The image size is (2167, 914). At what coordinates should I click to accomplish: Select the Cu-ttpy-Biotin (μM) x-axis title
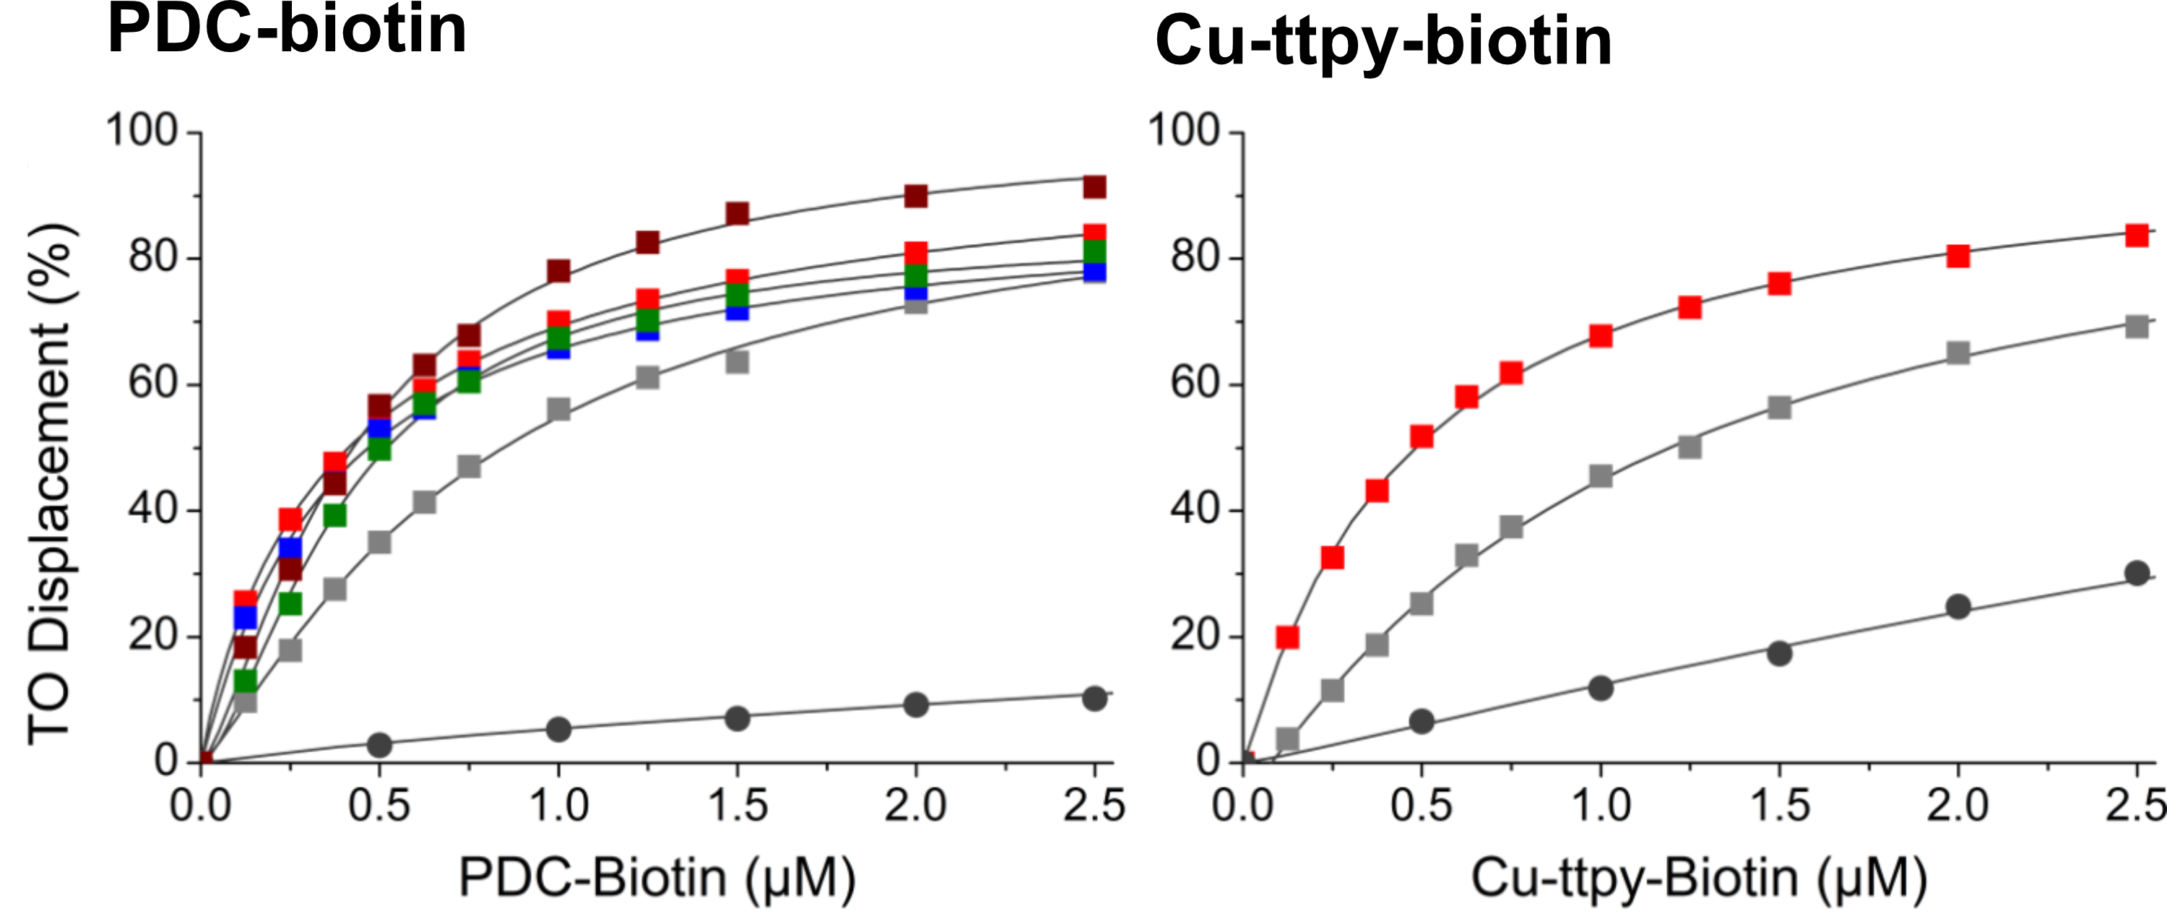point(1698,878)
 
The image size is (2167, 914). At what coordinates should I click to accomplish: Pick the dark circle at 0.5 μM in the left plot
point(379,744)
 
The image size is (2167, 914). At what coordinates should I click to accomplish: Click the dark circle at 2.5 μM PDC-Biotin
point(1094,698)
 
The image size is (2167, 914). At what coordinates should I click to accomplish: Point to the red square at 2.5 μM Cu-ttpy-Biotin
point(2137,235)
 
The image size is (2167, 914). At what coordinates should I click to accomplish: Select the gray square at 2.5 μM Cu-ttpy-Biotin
point(2137,327)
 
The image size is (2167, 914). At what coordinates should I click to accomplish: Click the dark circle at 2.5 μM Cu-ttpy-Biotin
point(2137,574)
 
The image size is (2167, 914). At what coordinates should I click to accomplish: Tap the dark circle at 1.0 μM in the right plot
point(1601,688)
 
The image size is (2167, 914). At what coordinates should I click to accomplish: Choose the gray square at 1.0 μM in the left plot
point(558,410)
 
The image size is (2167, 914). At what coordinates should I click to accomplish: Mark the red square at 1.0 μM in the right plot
point(1601,336)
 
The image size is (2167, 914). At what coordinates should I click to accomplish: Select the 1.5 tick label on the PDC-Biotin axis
point(738,806)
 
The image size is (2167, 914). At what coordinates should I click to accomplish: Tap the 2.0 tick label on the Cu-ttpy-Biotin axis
point(1958,806)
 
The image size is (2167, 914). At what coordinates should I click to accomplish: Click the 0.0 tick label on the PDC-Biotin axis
point(202,806)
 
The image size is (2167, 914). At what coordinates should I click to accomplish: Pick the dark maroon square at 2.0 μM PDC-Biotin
point(916,196)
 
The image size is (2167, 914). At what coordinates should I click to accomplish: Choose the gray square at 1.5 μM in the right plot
point(1779,408)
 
